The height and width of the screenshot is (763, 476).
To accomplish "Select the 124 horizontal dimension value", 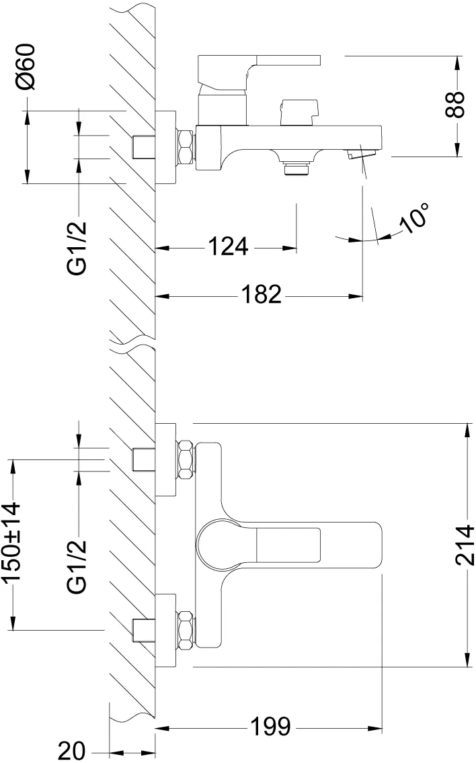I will pos(227,247).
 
